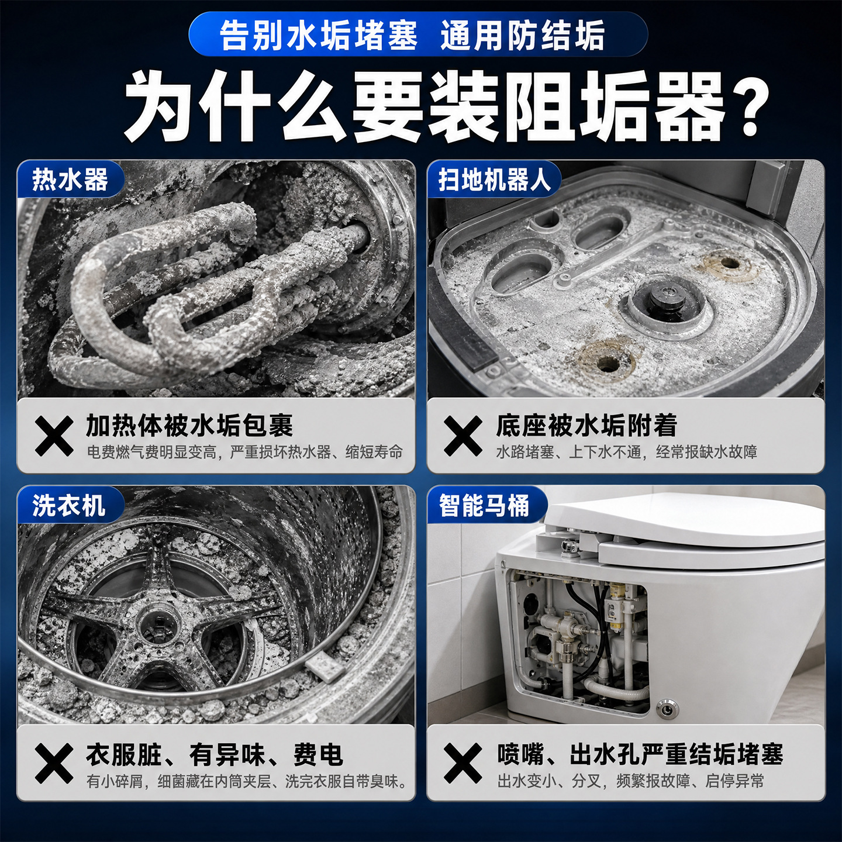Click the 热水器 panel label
coord(70,179)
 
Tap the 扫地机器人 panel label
coord(494,179)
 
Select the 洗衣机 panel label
coord(68,506)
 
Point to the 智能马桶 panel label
coord(484,506)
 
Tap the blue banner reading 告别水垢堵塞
coord(417,34)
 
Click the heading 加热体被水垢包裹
coord(189,425)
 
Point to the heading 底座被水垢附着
coord(586,425)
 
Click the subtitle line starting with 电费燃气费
coord(244,452)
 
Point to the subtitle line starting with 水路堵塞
coord(627,452)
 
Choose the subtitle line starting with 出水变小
coord(630,781)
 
